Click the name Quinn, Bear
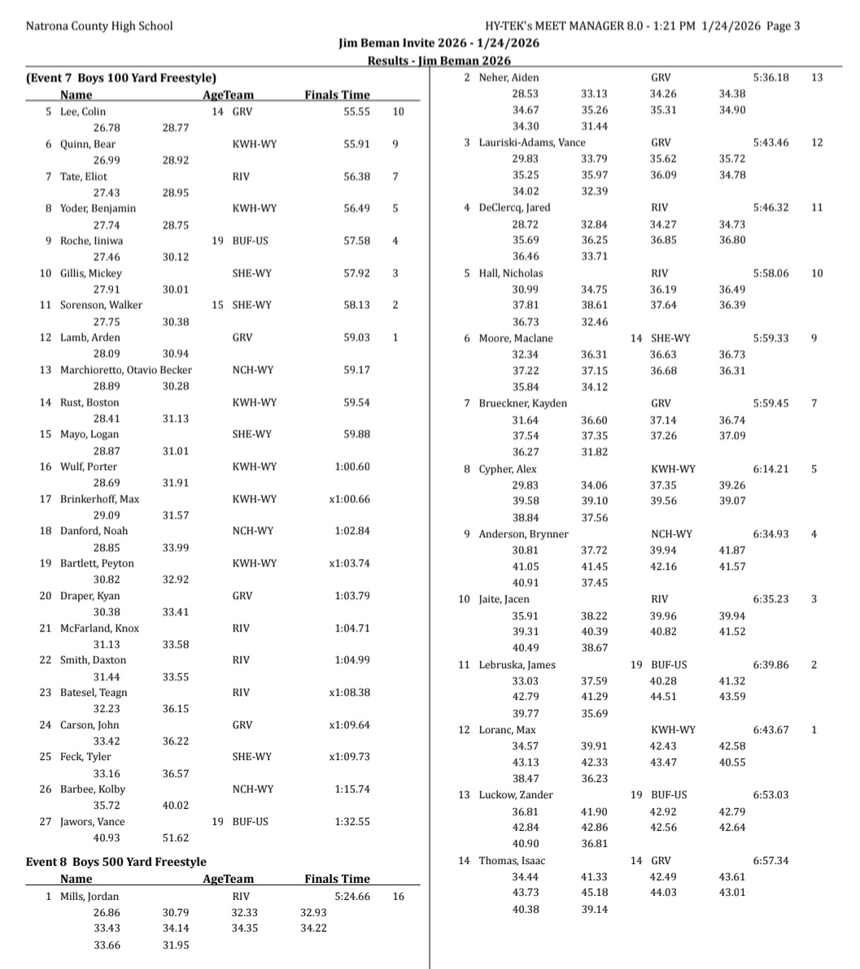(x=87, y=144)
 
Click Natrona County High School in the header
(x=99, y=25)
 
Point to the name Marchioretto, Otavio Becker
(x=126, y=370)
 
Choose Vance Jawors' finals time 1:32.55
(x=351, y=822)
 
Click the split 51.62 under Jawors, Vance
(x=176, y=838)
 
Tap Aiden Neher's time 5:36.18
(x=771, y=77)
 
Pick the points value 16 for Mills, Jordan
(x=398, y=896)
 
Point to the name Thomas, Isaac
(x=512, y=860)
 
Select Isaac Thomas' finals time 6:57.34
(x=771, y=860)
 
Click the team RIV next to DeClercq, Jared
(x=660, y=207)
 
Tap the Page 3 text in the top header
(x=783, y=25)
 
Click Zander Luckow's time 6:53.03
(x=771, y=794)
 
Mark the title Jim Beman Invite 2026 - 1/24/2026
(x=439, y=43)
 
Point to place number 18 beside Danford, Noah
(x=46, y=531)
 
